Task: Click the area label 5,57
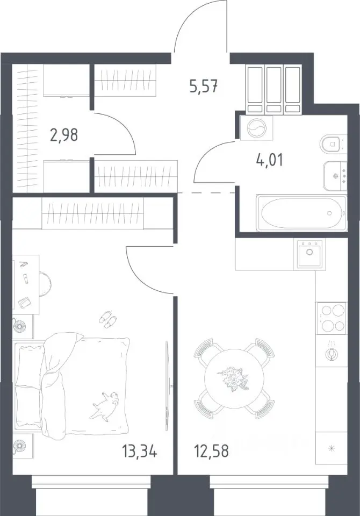pos(204,87)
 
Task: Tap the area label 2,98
pos(64,135)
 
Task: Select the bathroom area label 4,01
pos(269,160)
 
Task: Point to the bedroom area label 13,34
pos(140,451)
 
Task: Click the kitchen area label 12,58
pos(212,451)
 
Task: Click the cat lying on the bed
pos(105,405)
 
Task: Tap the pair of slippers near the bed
pos(108,319)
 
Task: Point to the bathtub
pos(301,213)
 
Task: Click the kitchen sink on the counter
pos(309,253)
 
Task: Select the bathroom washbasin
pos(335,176)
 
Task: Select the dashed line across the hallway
pos(206,192)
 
